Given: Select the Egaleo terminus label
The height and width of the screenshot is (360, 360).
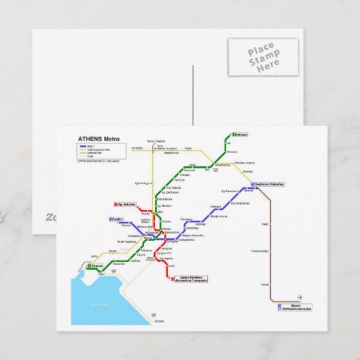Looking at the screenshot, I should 117,219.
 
